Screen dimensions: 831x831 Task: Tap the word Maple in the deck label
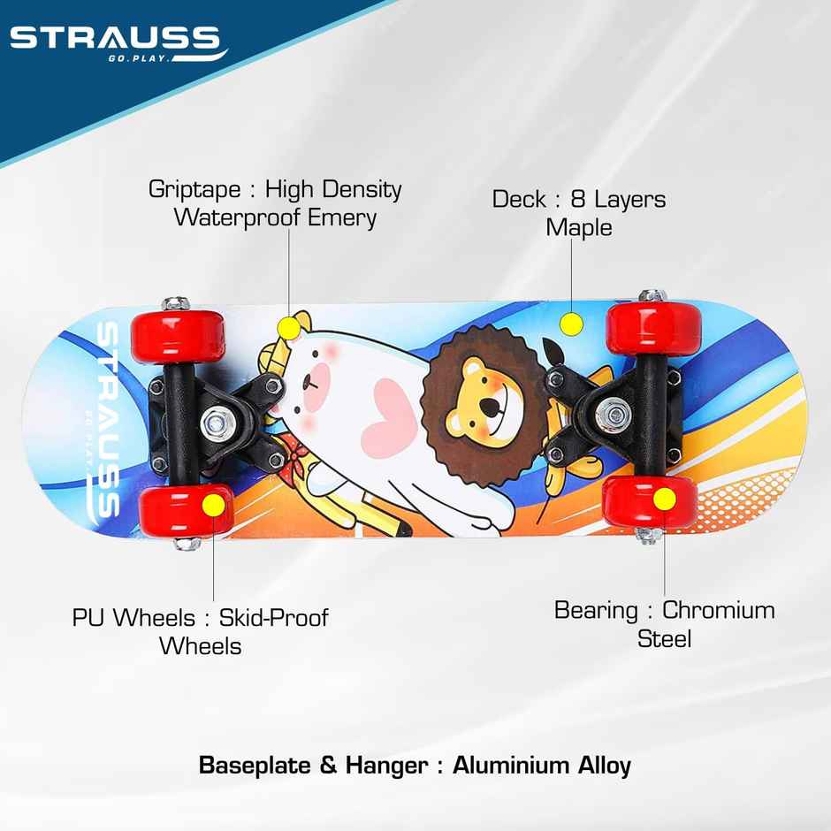pos(578,228)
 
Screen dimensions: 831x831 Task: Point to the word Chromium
pos(718,611)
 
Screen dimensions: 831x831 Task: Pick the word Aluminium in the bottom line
pos(510,765)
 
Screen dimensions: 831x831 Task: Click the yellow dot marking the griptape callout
pos(288,328)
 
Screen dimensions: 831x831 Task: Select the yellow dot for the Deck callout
pos(572,324)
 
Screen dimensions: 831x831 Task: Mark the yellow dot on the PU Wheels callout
pos(214,506)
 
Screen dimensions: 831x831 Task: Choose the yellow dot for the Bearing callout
pos(664,500)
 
